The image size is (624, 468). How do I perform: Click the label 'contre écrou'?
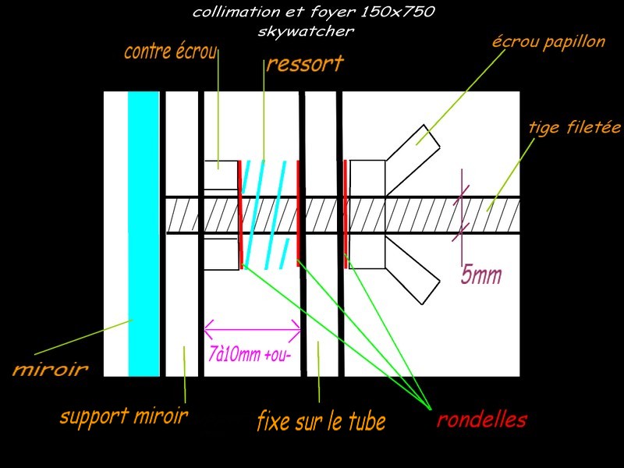pyautogui.click(x=171, y=53)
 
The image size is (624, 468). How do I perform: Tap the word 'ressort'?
pyautogui.click(x=304, y=64)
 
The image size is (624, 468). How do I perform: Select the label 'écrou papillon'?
pyautogui.click(x=548, y=42)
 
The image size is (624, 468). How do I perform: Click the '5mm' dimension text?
pyautogui.click(x=481, y=276)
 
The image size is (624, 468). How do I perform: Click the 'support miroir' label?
pyautogui.click(x=123, y=417)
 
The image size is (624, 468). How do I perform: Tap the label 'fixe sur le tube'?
pyautogui.click(x=321, y=422)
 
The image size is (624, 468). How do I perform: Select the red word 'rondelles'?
pyautogui.click(x=481, y=420)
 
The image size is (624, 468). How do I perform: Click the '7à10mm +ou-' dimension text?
pyautogui.click(x=252, y=353)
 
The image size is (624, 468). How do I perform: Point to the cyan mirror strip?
pyautogui.click(x=144, y=234)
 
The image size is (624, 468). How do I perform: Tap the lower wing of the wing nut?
pyautogui.click(x=413, y=269)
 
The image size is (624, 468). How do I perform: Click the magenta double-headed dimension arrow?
pyautogui.click(x=252, y=325)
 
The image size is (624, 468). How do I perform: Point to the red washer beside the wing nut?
pyautogui.click(x=346, y=206)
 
